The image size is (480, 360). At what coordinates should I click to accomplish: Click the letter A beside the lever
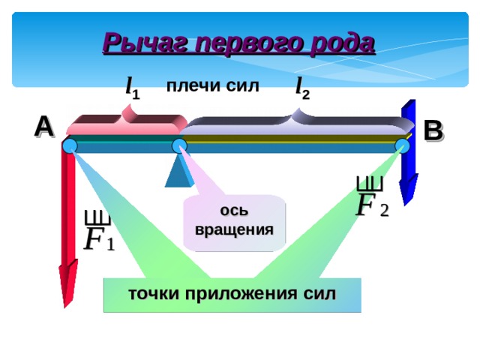click(x=44, y=127)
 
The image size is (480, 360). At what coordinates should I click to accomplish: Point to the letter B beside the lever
click(x=433, y=131)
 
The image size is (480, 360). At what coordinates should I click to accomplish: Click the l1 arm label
click(x=133, y=88)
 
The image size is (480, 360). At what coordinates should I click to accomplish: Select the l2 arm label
click(x=302, y=88)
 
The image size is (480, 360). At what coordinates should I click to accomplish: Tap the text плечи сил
click(x=213, y=86)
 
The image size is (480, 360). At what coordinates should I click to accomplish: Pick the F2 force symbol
click(x=372, y=196)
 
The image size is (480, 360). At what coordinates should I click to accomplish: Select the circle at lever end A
click(x=70, y=145)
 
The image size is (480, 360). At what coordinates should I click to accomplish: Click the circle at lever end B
click(x=403, y=145)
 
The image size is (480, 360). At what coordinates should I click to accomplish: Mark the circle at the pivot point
click(x=179, y=145)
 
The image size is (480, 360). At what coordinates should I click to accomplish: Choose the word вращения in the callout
click(x=234, y=229)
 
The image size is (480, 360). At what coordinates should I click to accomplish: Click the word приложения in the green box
click(x=241, y=294)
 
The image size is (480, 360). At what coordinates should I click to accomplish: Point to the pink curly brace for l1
click(x=127, y=120)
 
